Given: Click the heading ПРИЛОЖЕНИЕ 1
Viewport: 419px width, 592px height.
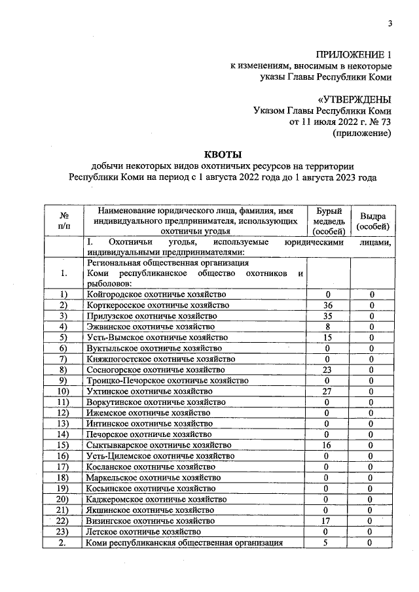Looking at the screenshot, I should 354,55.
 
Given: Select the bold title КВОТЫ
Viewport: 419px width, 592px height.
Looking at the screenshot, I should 223,155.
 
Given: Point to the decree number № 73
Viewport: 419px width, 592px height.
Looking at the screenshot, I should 379,122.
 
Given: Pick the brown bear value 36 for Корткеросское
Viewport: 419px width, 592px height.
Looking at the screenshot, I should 328,305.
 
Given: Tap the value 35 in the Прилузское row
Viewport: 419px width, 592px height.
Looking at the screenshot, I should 328,316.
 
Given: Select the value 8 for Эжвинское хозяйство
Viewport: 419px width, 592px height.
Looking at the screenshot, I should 328,326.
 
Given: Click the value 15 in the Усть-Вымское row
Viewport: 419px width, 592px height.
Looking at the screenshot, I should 328,338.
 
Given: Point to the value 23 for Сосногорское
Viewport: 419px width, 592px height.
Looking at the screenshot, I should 328,370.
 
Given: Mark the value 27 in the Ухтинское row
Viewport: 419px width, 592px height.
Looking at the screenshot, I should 328,391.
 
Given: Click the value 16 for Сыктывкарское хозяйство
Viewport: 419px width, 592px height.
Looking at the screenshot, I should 328,445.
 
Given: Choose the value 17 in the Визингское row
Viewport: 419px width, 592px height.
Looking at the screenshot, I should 328,521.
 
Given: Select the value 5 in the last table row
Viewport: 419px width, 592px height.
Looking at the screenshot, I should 328,542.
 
